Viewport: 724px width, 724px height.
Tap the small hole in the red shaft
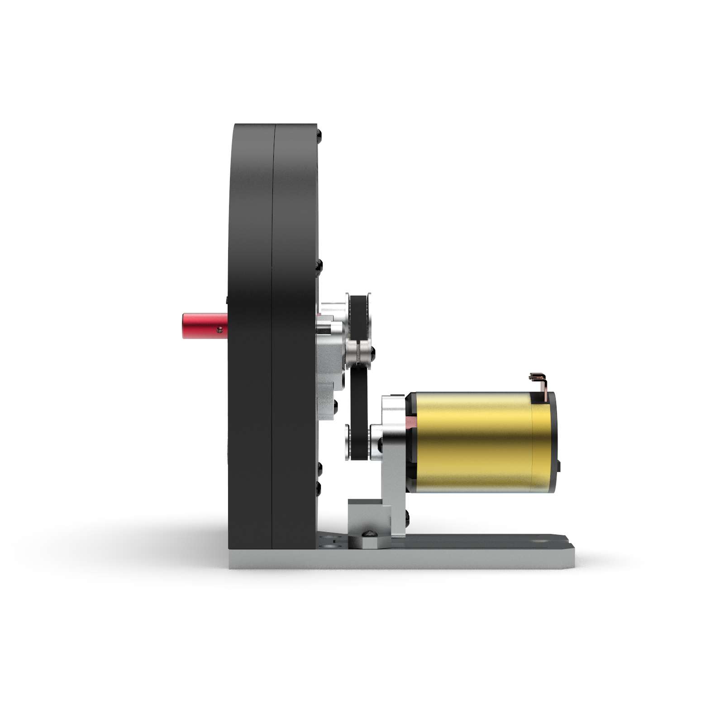tap(220, 330)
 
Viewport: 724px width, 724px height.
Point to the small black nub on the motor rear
tap(559, 466)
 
